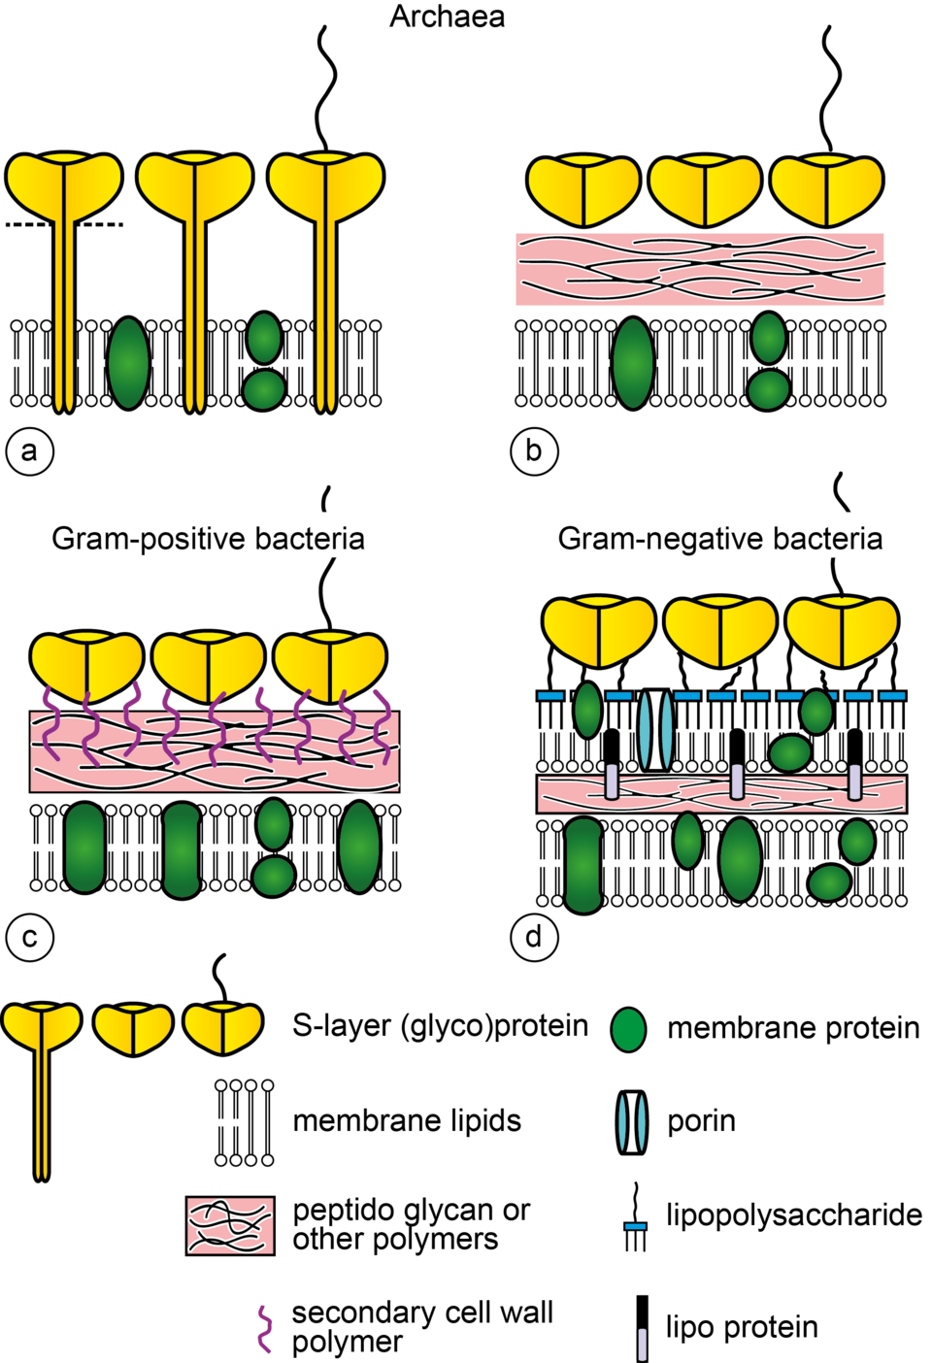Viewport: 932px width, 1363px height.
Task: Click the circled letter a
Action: [29, 451]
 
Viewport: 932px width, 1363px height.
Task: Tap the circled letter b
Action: [534, 451]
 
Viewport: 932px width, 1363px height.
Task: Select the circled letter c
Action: [29, 938]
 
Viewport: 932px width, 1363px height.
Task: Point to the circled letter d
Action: [534, 938]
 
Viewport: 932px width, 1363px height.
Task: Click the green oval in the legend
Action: [628, 1030]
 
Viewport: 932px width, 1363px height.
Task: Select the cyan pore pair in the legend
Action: [632, 1122]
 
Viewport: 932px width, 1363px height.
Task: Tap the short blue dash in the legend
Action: [635, 1227]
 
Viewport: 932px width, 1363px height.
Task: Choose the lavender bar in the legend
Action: [642, 1345]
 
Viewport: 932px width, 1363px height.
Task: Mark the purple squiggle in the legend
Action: [264, 1329]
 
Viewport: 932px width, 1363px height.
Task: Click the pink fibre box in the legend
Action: [230, 1226]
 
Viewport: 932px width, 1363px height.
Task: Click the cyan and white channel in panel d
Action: [655, 729]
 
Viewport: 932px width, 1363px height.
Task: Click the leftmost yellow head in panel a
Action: [64, 184]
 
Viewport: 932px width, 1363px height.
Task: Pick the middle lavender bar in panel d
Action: [737, 781]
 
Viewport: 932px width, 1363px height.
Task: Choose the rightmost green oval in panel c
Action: [359, 847]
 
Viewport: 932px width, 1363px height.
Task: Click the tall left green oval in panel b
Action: [633, 362]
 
